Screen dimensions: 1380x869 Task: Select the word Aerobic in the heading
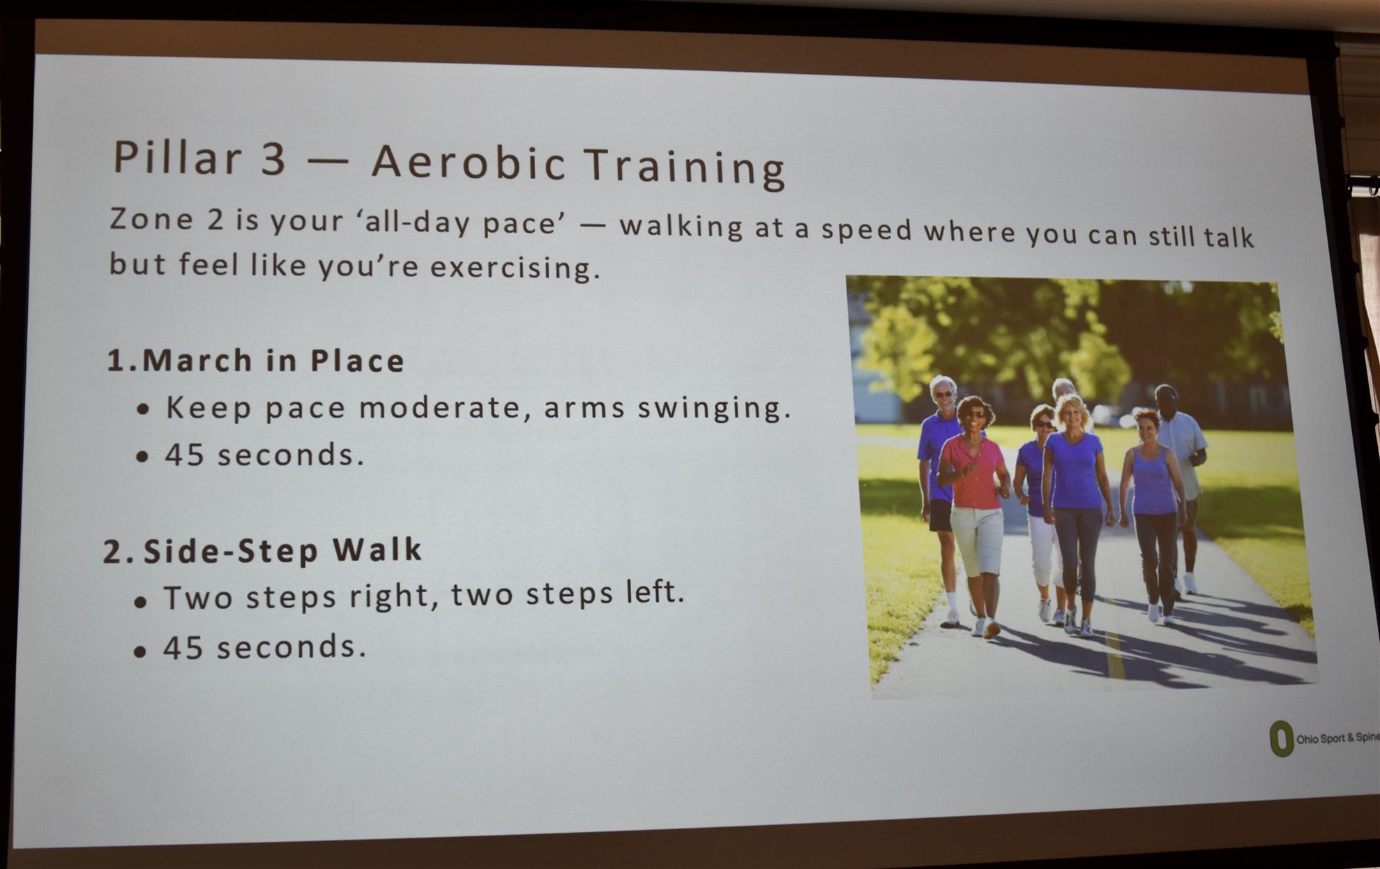[468, 163]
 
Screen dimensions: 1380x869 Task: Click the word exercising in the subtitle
[515, 268]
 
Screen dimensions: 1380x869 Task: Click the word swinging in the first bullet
[714, 409]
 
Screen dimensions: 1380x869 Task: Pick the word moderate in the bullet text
[439, 407]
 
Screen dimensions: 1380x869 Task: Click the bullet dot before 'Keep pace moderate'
[144, 409]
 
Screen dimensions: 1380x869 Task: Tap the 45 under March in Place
[184, 454]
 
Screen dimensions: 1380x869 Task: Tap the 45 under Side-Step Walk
[183, 647]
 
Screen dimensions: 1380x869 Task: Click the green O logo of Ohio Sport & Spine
[1281, 739]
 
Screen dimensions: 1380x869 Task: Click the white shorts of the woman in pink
[977, 541]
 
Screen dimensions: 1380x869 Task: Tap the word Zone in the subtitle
[151, 219]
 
